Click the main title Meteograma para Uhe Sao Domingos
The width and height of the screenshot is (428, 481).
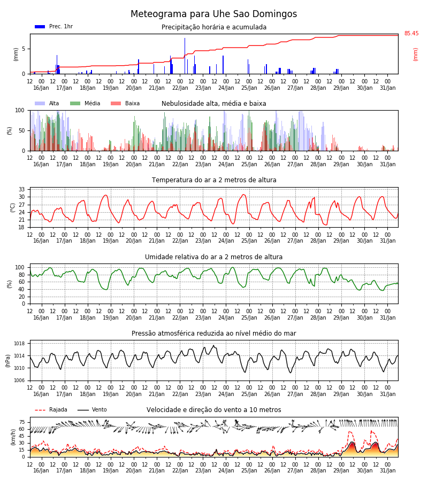tap(213, 14)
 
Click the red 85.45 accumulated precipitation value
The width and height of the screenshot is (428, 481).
tap(411, 34)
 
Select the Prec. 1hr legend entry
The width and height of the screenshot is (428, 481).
tap(53, 27)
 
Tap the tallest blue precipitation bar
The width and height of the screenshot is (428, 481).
tap(185, 56)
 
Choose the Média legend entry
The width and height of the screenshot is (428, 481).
tap(85, 103)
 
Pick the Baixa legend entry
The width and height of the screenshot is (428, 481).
tap(125, 103)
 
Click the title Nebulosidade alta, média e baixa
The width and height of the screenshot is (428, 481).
tap(213, 104)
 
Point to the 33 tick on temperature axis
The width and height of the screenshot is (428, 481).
tap(21, 189)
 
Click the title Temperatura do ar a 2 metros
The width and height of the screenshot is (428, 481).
tap(214, 180)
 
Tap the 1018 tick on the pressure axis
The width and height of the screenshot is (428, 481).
tap(19, 344)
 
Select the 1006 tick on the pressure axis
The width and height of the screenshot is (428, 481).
tap(19, 381)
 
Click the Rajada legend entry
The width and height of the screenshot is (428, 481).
tap(51, 410)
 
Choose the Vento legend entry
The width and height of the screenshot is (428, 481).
tap(92, 410)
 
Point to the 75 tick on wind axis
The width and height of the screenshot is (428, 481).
tap(21, 422)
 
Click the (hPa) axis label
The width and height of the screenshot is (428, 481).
tap(7, 361)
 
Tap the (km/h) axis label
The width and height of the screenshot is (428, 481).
tap(13, 437)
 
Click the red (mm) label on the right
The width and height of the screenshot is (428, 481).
tap(415, 55)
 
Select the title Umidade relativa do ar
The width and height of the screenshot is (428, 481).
tap(213, 257)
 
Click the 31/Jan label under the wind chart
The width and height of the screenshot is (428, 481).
tap(388, 470)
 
